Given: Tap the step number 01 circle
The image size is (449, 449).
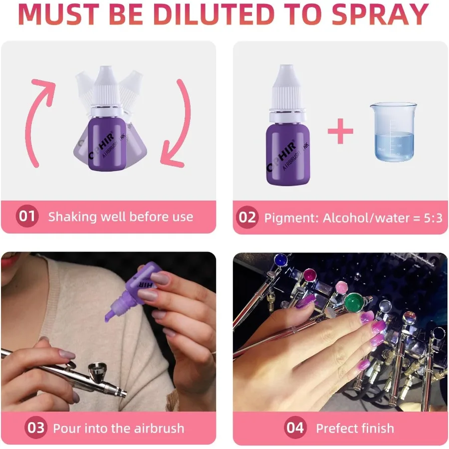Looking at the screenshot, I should tap(27, 217).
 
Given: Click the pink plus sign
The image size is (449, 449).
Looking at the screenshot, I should tap(341, 131).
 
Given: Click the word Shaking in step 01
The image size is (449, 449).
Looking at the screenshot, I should tap(72, 217).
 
